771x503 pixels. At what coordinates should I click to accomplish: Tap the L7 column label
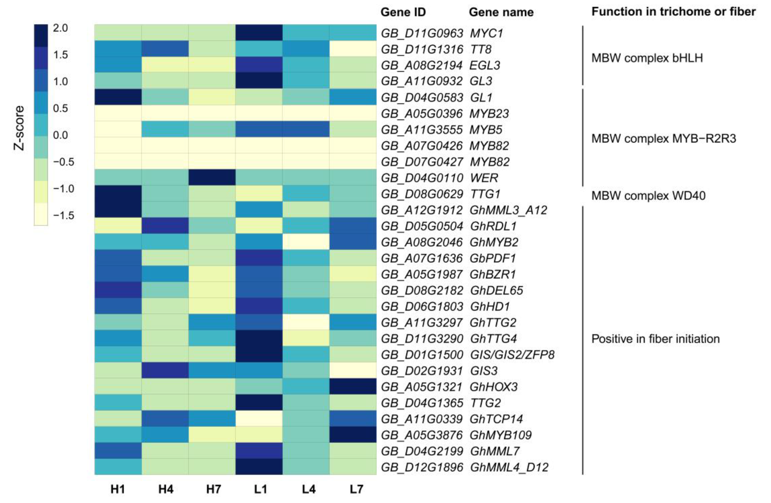356,489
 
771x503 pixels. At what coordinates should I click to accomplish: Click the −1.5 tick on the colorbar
63,215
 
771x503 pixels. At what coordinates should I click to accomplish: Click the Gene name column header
501,12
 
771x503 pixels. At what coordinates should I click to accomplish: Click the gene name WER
484,178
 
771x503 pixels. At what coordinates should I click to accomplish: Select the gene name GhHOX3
494,387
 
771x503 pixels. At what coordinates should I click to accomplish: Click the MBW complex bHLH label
647,58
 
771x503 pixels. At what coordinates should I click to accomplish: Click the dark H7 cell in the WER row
212,178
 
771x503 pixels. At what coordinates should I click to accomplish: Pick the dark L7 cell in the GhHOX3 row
353,387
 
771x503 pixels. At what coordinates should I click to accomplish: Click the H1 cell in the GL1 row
118,97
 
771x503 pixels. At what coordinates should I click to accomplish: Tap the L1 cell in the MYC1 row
259,33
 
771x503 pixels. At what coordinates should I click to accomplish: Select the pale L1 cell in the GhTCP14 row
259,419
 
